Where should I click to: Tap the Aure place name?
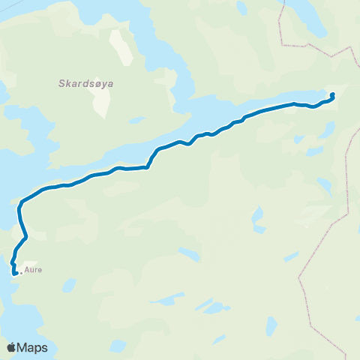32,271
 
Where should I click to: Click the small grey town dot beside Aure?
21,272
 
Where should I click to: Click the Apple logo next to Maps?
11,347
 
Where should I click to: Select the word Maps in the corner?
32,348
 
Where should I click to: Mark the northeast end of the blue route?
332,95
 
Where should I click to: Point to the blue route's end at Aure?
14,274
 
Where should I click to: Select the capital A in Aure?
27,271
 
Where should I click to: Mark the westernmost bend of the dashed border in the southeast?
299,277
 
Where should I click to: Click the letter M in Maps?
23,348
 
